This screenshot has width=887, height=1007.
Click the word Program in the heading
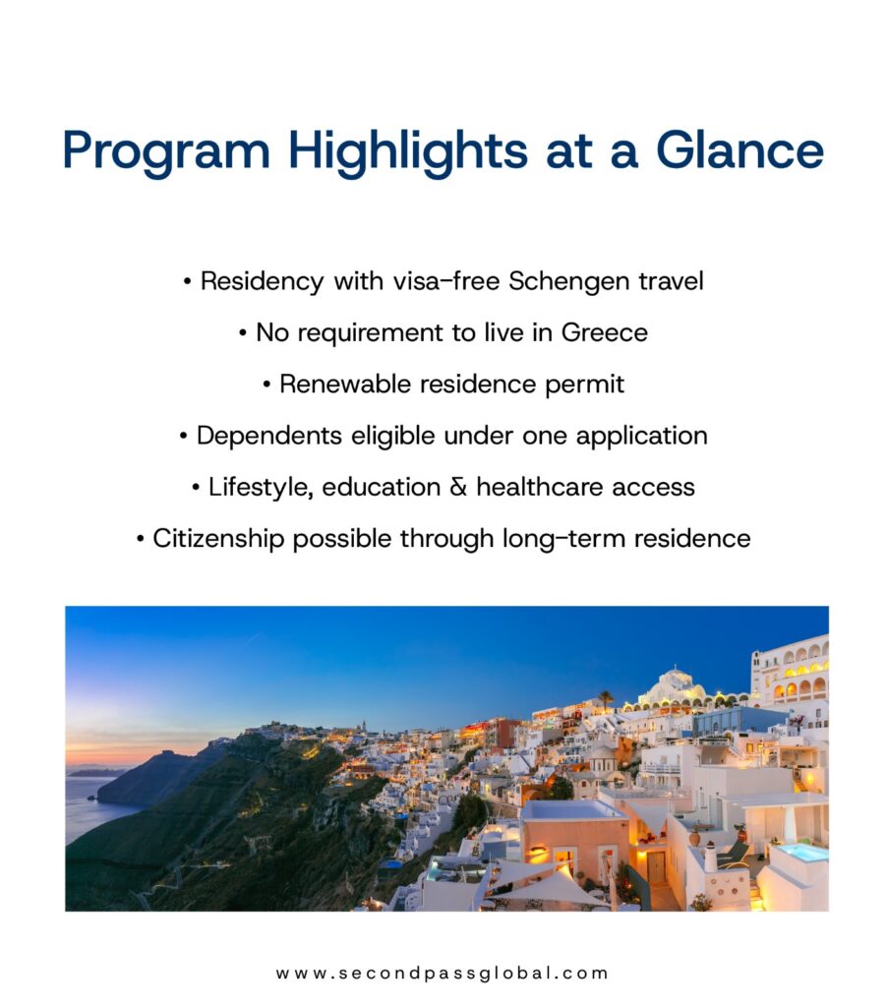[x=166, y=151]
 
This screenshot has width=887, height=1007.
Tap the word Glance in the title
[x=739, y=150]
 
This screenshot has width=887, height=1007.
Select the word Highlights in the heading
[x=408, y=151]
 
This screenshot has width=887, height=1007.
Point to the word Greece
[x=605, y=332]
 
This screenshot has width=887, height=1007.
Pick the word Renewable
[x=345, y=385]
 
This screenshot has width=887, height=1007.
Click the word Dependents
[x=269, y=436]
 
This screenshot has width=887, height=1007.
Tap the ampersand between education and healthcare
[x=458, y=487]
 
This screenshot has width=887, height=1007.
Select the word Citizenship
[x=218, y=539]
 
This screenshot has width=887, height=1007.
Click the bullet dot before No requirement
[x=242, y=333]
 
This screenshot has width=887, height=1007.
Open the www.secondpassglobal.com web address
[x=442, y=973]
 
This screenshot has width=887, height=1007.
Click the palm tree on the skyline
[x=605, y=699]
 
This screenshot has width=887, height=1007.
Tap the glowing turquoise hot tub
[x=802, y=853]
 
